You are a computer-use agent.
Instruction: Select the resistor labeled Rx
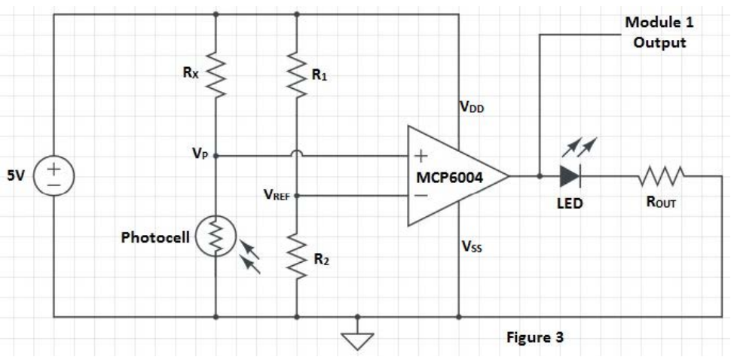coord(217,75)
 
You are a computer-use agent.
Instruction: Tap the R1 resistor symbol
coord(297,75)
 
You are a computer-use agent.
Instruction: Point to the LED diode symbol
coord(570,176)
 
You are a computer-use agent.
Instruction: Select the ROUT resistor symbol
coord(661,176)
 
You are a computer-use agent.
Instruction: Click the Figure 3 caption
coord(534,337)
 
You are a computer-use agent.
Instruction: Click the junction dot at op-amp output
coord(540,176)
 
